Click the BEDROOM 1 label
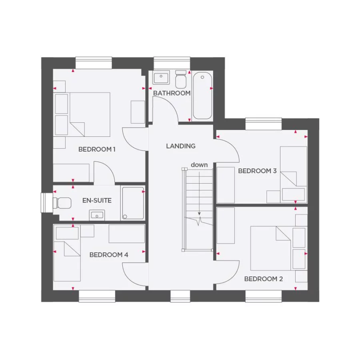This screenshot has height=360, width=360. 97,150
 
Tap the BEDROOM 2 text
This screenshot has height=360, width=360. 263,279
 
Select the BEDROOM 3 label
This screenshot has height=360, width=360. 257,171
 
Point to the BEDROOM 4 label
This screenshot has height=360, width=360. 109,255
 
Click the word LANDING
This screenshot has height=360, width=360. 181,146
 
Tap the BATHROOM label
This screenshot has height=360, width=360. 172,93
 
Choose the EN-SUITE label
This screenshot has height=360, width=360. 97,200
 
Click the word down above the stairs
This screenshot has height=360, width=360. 199,165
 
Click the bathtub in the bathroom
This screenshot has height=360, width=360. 202,96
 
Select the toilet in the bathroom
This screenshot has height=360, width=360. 181,80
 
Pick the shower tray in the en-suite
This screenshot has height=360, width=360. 133,203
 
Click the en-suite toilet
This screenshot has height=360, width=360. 63,203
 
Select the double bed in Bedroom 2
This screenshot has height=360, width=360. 270,248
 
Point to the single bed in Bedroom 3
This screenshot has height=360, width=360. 293,174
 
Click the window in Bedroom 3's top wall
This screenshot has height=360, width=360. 263,124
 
